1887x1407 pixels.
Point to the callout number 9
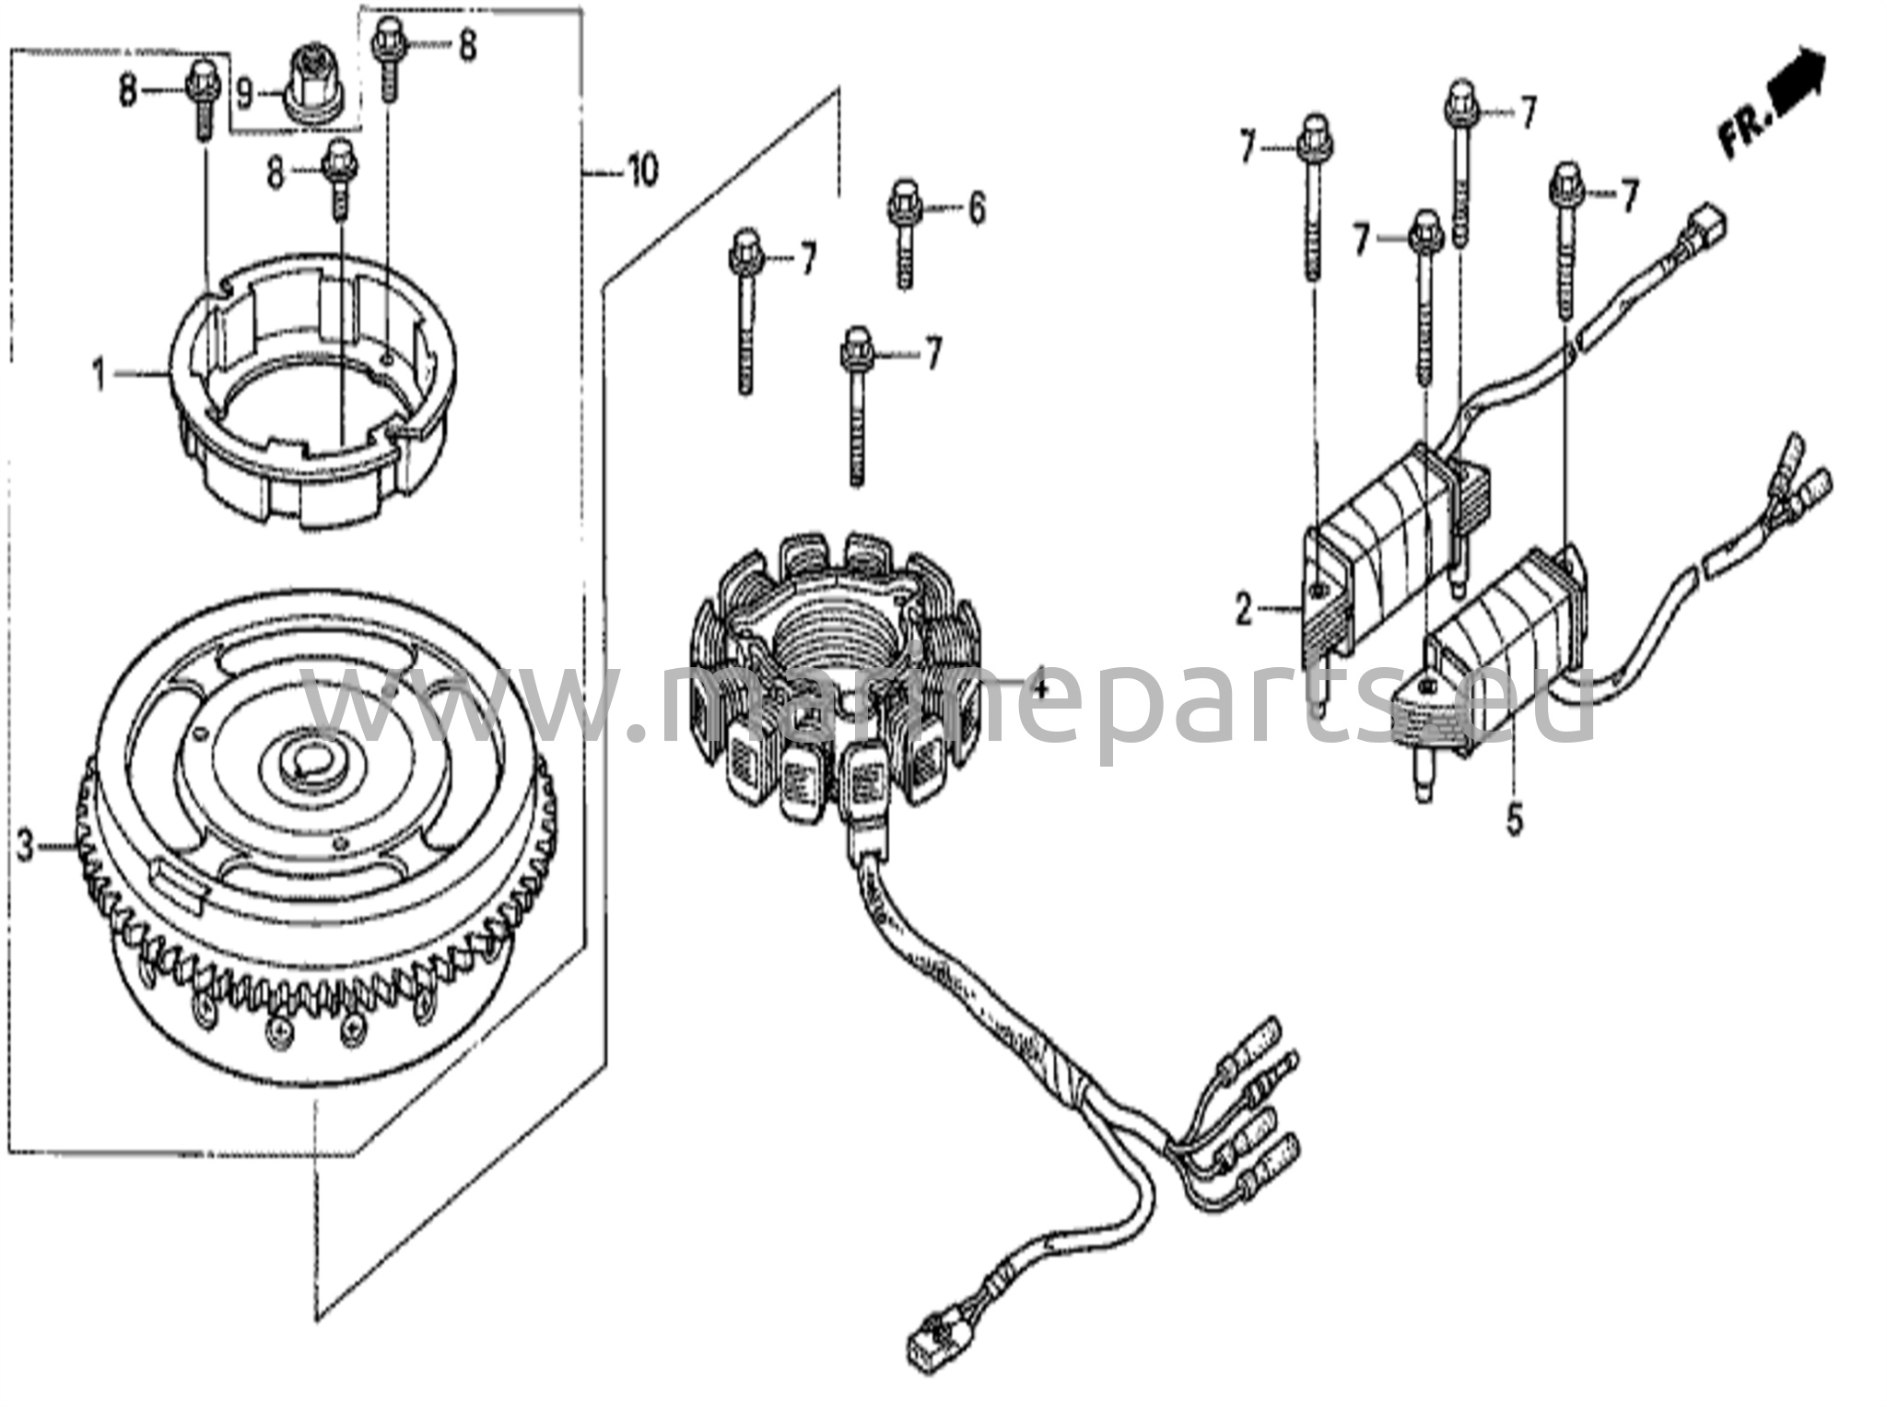(244, 92)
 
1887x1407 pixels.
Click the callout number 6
(976, 209)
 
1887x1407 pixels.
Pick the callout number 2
(1244, 583)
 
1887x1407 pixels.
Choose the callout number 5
(1515, 818)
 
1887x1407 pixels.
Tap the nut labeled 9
(316, 81)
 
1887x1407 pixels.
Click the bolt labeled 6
(904, 234)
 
